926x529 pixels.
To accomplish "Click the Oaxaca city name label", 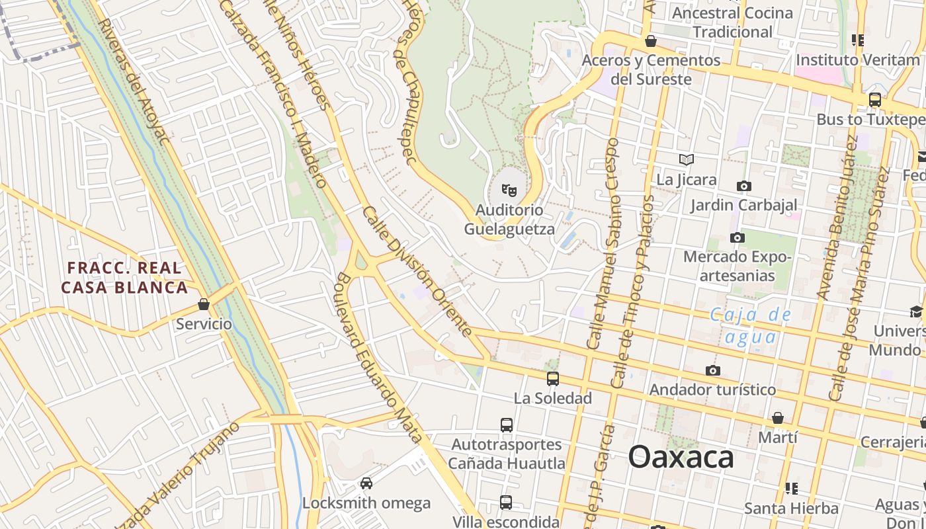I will click(x=681, y=457).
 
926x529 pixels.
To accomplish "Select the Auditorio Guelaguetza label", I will click(x=509, y=220).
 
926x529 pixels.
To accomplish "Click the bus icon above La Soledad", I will click(x=552, y=379).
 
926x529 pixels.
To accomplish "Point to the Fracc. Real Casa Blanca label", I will click(x=124, y=278).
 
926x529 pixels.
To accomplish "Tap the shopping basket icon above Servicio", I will click(x=204, y=305).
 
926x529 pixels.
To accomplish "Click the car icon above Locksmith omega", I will click(x=366, y=483).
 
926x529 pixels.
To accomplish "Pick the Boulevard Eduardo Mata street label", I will click(x=380, y=357).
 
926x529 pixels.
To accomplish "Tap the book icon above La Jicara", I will click(x=687, y=159).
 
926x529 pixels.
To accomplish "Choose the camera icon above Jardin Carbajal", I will click(x=744, y=186).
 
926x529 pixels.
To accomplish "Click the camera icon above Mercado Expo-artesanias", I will click(x=737, y=237).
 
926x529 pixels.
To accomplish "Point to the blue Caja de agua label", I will click(x=750, y=325).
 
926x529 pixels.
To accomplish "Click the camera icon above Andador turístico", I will click(x=712, y=370).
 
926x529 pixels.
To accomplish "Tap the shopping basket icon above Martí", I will click(x=778, y=418).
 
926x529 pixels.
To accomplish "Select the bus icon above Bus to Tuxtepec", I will click(x=874, y=100).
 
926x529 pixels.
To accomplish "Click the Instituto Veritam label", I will click(x=857, y=60).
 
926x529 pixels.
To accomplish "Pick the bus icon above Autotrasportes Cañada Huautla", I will click(x=507, y=425).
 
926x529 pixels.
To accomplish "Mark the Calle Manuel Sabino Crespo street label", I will click(x=602, y=245).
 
